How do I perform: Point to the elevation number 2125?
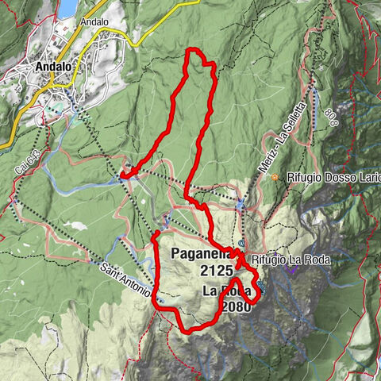(x=217, y=271)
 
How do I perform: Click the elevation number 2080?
(x=237, y=306)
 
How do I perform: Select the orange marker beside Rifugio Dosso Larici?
(x=274, y=177)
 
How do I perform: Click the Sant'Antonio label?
(x=125, y=280)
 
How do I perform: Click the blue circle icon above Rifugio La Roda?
(x=241, y=243)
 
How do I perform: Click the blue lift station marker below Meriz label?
(x=241, y=206)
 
